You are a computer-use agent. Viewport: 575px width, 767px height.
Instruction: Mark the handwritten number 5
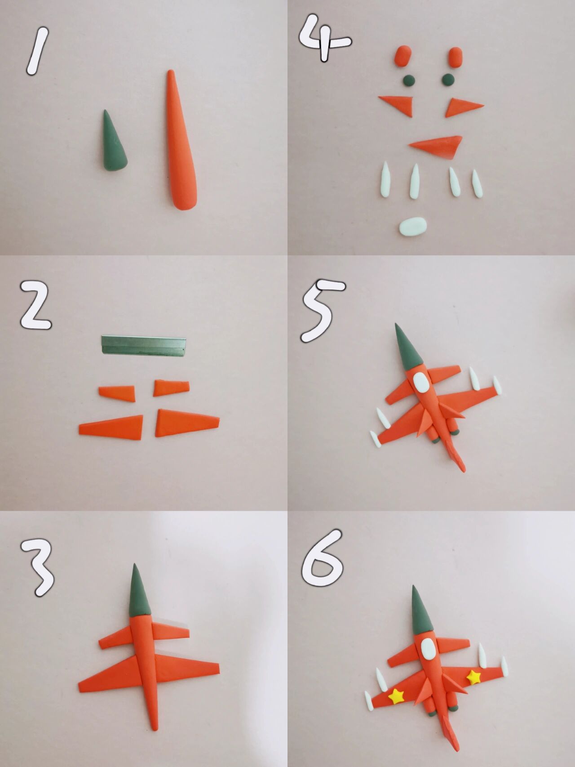click(x=322, y=310)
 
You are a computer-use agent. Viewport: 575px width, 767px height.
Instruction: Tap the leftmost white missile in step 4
click(x=385, y=181)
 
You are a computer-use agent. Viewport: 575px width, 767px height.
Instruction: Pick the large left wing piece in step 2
click(x=111, y=426)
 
